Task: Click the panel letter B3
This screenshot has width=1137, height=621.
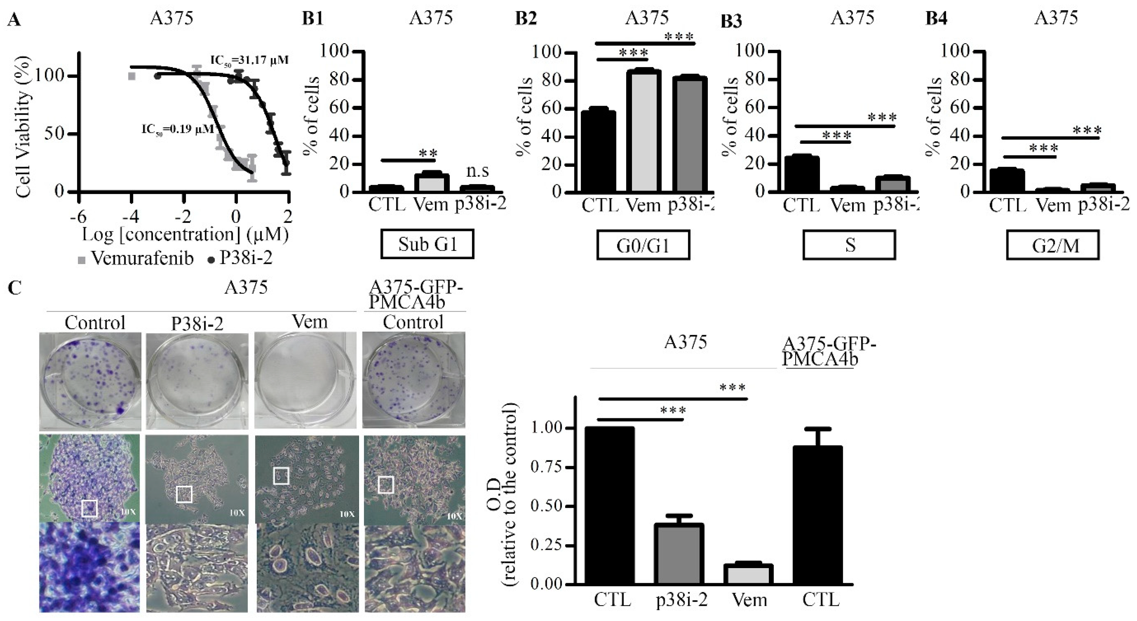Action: point(731,21)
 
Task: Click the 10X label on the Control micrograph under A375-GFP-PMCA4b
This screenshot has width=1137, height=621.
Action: point(454,516)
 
